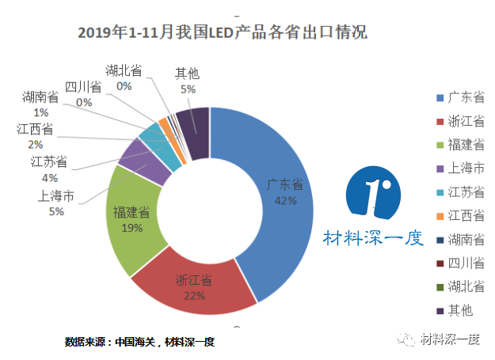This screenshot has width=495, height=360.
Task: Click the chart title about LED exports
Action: [x=223, y=34]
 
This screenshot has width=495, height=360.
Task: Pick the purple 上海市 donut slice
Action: [x=136, y=162]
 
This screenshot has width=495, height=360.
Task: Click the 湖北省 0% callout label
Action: [x=124, y=78]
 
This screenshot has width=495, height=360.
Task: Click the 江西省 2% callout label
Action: [x=35, y=135]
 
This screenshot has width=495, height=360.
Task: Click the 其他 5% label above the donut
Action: [x=187, y=81]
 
